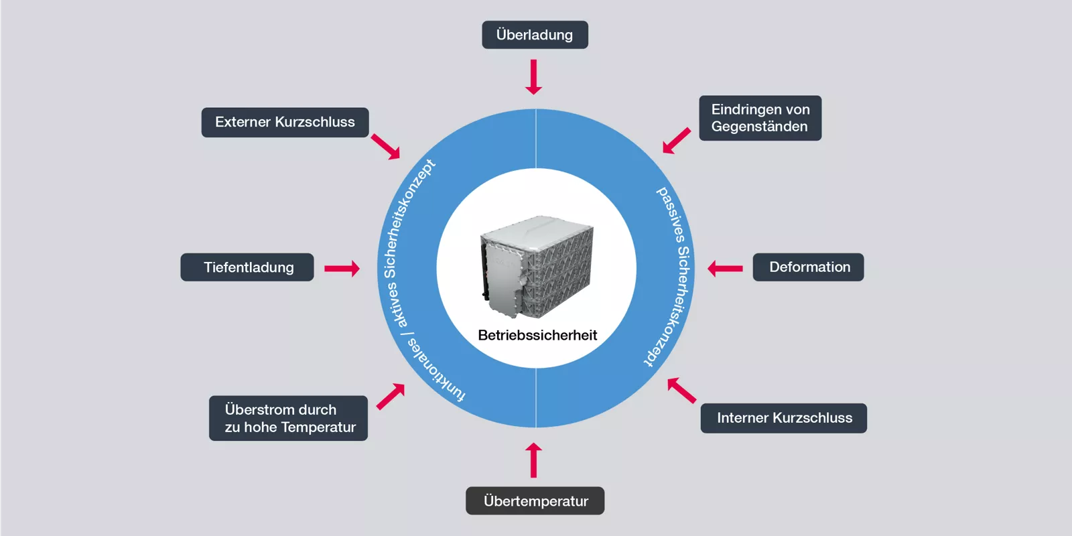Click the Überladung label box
point(535,35)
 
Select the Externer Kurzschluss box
point(285,122)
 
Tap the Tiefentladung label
point(247,267)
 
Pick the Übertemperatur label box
point(535,501)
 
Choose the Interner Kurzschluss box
point(783,418)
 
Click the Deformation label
point(808,267)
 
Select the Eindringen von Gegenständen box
point(760,118)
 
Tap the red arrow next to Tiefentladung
point(342,269)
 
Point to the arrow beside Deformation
point(725,269)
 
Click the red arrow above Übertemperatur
point(533,460)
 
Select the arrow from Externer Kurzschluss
point(385,146)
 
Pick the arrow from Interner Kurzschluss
point(681,391)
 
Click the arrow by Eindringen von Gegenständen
point(676,141)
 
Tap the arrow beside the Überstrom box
point(391,396)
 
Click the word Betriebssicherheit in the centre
point(537,336)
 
